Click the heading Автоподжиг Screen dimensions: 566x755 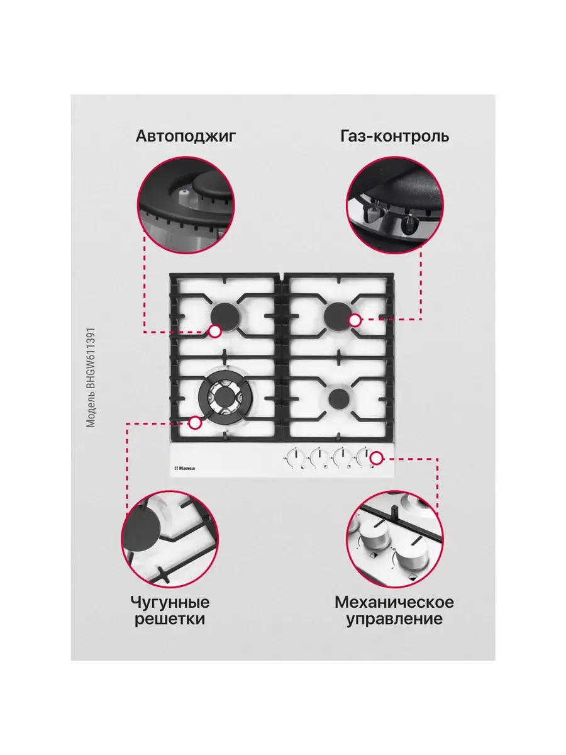[x=186, y=137]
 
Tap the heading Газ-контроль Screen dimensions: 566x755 [x=394, y=137]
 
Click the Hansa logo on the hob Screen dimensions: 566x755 [x=184, y=468]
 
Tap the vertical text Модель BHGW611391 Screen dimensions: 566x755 [x=91, y=377]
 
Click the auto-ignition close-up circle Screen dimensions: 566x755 [x=186, y=205]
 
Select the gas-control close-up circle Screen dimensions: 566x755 [x=395, y=205]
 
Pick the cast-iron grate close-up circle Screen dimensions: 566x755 [x=170, y=539]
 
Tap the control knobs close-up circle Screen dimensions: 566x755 [x=395, y=539]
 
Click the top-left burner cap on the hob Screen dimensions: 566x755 [x=224, y=315]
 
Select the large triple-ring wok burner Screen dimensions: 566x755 [x=224, y=398]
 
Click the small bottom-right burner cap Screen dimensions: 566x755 [x=339, y=398]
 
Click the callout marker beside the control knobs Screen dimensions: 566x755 [x=377, y=458]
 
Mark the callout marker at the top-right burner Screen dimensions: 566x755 [x=355, y=320]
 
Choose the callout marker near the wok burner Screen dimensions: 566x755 [x=195, y=423]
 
